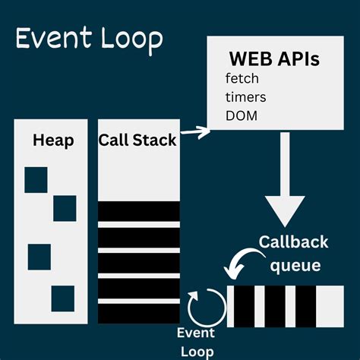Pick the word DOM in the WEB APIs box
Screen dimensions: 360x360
point(242,115)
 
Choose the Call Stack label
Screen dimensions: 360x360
point(138,141)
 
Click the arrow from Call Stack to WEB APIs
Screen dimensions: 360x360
point(194,134)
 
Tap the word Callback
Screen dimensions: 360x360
point(293,242)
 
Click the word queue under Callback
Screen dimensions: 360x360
point(295,266)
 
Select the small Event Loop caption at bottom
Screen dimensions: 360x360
point(195,341)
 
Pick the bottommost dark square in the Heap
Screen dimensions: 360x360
point(62,297)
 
